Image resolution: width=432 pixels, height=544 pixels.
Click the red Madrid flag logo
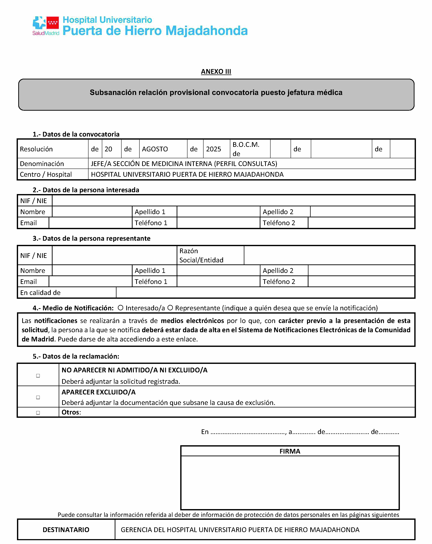53,23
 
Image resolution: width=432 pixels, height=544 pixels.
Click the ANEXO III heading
216,72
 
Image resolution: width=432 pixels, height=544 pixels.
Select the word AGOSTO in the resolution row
155,149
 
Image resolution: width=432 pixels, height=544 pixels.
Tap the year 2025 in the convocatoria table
213,149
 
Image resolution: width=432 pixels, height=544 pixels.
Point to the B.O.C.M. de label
246,149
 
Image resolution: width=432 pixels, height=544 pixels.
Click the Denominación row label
42,164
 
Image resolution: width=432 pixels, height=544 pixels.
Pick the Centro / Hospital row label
46,174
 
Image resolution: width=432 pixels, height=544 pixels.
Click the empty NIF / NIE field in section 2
233,201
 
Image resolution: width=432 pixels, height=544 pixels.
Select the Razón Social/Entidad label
201,255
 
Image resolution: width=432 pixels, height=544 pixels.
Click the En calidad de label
40,293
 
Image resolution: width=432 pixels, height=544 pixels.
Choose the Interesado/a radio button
120,308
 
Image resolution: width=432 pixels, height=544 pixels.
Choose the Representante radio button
170,308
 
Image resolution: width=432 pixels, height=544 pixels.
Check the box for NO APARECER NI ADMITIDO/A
38,376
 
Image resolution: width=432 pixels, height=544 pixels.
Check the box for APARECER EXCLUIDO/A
38,397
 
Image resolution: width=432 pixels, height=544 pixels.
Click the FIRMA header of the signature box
290,451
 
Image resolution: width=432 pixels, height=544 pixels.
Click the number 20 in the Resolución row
108,149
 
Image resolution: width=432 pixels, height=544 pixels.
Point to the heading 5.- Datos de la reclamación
76,356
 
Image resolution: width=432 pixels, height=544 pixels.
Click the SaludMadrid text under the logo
46,33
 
